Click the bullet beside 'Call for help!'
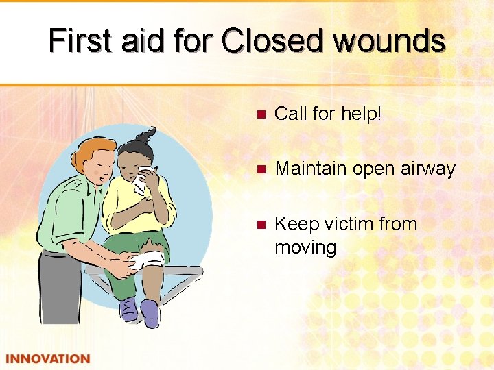259,114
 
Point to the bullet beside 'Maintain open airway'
259,169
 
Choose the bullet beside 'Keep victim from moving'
259,225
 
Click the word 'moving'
305,247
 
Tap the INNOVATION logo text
47,358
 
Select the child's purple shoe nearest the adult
128,310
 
